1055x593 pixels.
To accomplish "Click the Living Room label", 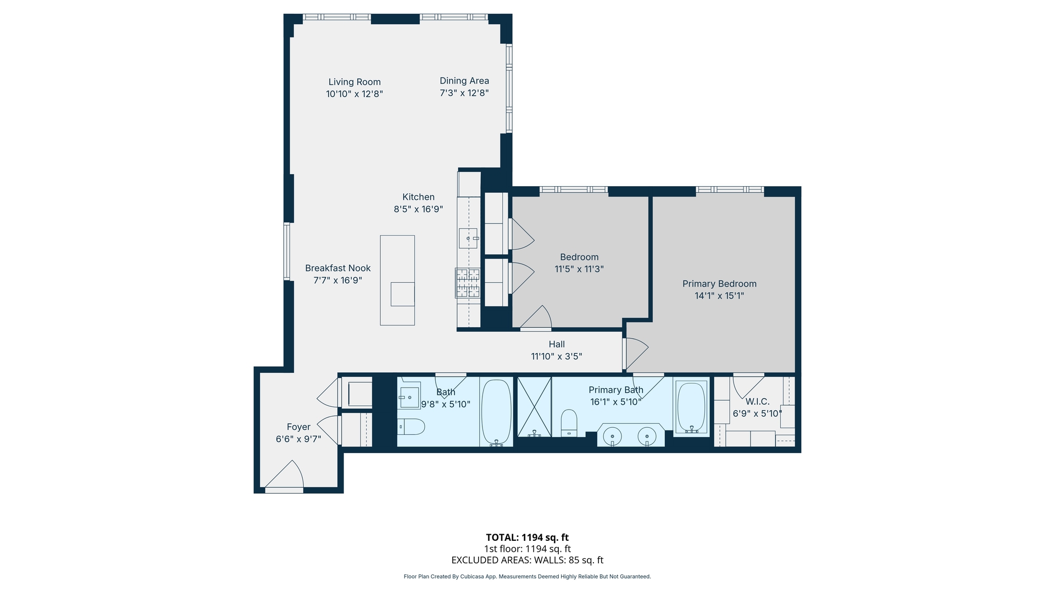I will tap(354, 82).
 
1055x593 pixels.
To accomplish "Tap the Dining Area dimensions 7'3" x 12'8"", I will tap(464, 93).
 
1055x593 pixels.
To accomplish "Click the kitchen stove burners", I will tap(468, 283).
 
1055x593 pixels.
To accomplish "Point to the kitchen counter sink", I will tap(468, 238).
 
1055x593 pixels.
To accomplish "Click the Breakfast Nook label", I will tap(337, 268).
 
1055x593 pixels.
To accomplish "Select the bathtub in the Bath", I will tap(496, 412).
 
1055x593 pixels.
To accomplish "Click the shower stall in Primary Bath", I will tap(534, 407).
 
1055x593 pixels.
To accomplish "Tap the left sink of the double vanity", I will tap(612, 437).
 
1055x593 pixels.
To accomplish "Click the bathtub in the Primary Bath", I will tap(691, 407).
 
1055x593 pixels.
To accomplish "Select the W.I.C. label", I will tap(757, 401).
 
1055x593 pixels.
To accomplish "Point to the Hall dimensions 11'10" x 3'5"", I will tap(556, 356).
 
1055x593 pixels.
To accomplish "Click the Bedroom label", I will tap(579, 257).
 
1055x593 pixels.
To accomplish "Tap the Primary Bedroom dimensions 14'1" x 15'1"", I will tap(719, 295).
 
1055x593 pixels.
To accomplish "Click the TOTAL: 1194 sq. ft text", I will tap(527, 538).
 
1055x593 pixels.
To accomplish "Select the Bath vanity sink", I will tap(409, 396).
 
